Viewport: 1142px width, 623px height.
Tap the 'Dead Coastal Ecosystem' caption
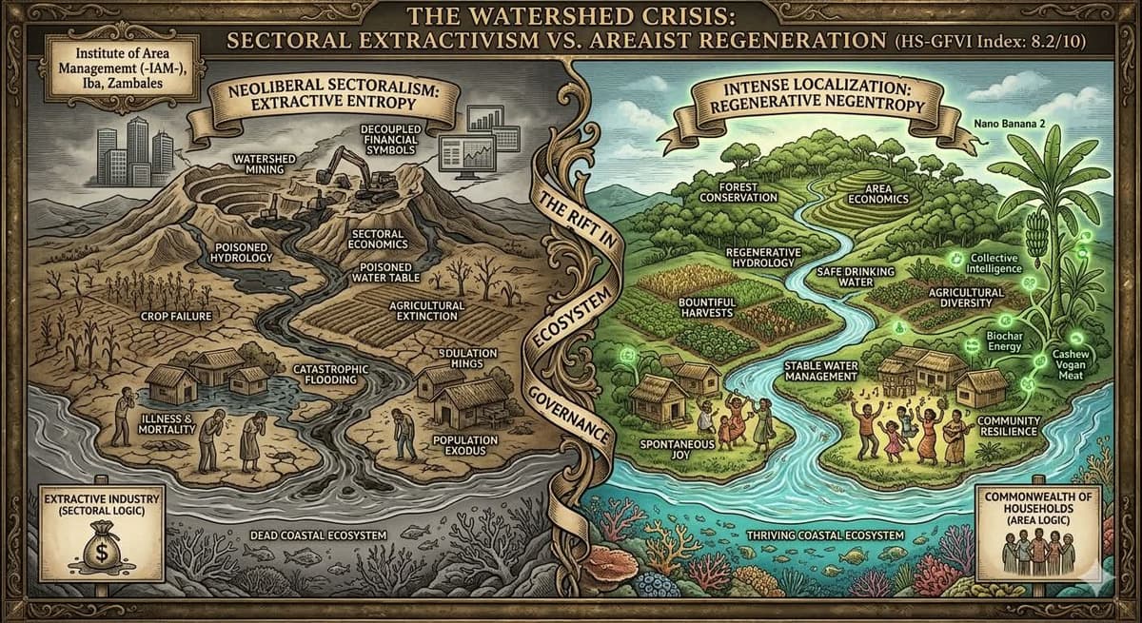pyautogui.click(x=319, y=536)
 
